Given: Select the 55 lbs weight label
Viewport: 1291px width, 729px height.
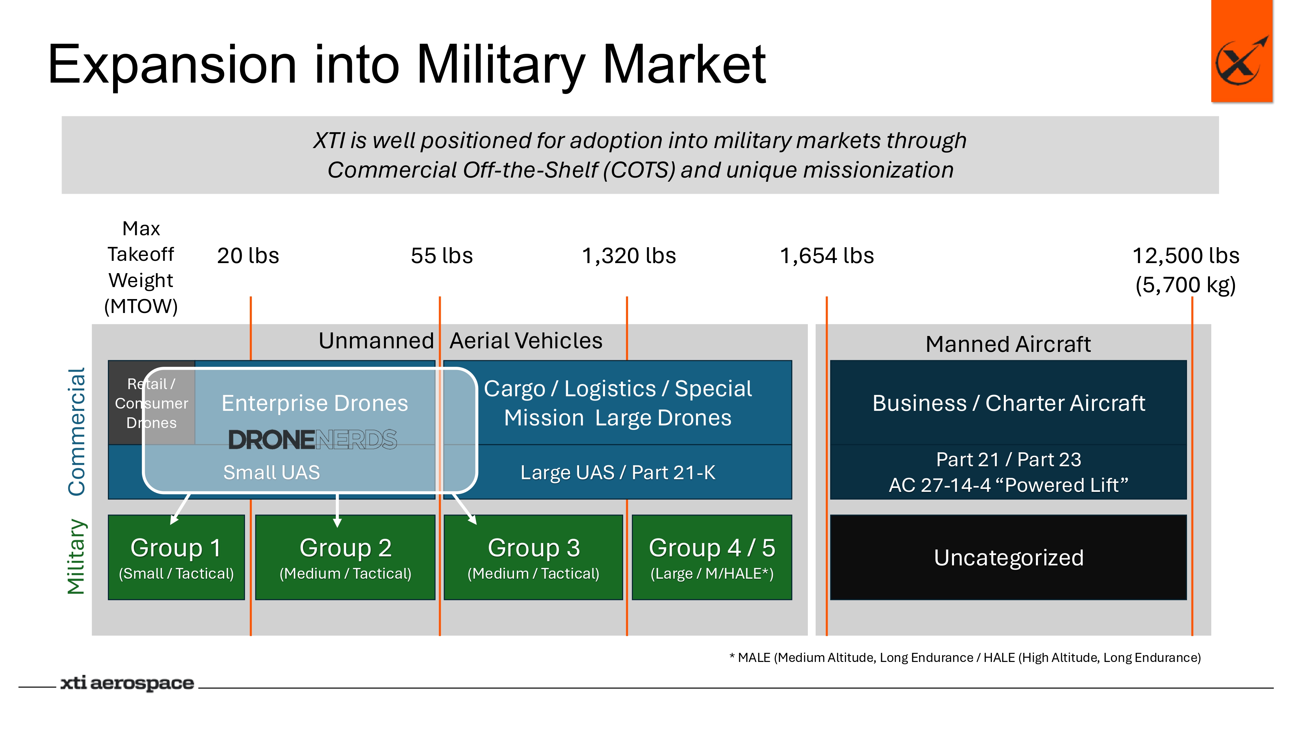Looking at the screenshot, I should [x=442, y=256].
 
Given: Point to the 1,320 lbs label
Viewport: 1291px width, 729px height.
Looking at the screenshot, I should [x=628, y=256].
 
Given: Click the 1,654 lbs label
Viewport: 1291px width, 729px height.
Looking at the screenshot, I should [x=827, y=256].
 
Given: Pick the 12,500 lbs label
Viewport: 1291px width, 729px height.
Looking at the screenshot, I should [x=1185, y=256].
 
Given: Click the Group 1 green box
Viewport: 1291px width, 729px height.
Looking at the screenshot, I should [x=176, y=557].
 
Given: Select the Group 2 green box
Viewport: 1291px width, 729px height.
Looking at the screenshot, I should [x=345, y=557].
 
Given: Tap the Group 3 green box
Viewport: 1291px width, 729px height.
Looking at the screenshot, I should [x=533, y=557].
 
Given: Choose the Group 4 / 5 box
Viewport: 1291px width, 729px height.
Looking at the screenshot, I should [x=712, y=557].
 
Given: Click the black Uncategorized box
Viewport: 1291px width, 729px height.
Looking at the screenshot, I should [x=1008, y=557].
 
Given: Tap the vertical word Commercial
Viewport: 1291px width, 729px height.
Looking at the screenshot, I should [x=77, y=432].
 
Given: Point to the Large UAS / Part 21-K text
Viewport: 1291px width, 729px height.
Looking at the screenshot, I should [x=617, y=472].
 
